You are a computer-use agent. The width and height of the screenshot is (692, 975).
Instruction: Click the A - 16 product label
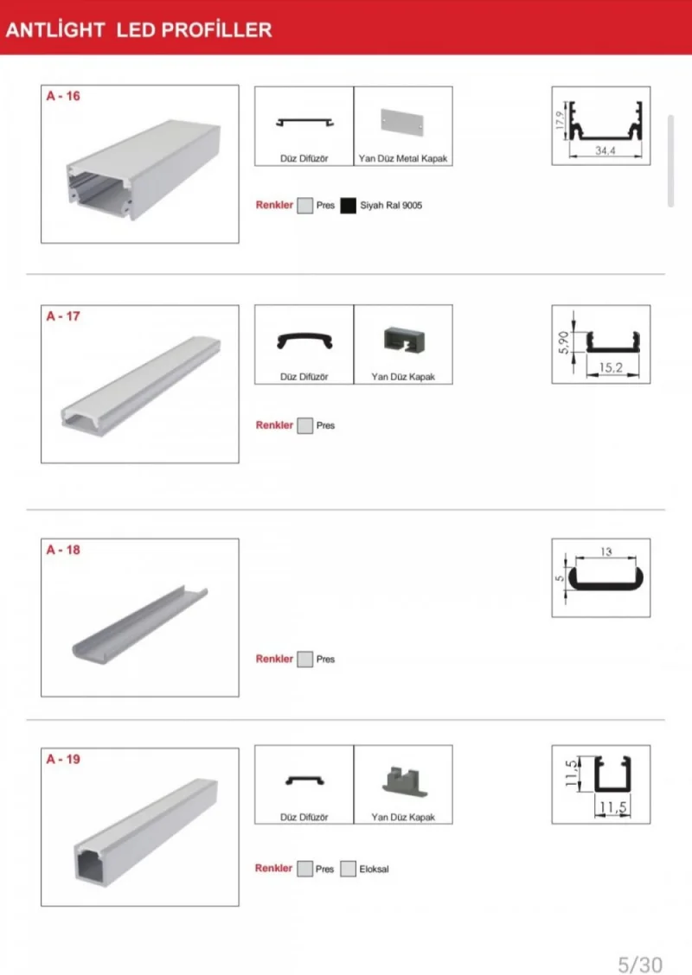point(63,96)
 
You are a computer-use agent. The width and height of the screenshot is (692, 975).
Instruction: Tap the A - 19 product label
point(63,760)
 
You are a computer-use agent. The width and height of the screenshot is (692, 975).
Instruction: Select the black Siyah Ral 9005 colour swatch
point(349,206)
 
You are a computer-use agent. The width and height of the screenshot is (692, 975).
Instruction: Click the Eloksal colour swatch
point(349,869)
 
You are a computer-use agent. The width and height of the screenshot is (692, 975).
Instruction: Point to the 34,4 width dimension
point(605,151)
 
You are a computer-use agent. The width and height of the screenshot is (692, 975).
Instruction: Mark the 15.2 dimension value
point(612,368)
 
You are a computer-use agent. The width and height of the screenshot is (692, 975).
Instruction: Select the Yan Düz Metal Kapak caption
point(403,160)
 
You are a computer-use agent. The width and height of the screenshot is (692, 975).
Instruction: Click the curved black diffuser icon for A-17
point(304,340)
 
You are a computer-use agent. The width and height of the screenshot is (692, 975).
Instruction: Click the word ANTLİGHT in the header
point(55,30)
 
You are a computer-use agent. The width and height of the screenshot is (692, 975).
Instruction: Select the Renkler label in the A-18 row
point(274,659)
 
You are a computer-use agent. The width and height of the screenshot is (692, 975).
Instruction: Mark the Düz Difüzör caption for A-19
point(304,817)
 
